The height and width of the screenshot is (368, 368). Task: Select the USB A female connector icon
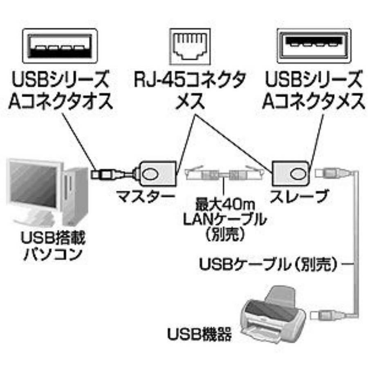tap(313, 46)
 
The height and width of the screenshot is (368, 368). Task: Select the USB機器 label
tap(200, 335)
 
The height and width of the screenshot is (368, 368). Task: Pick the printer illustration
tap(273, 315)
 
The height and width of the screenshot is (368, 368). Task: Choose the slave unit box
tap(291, 173)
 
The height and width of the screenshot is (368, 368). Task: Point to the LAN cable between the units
tap(222, 175)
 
